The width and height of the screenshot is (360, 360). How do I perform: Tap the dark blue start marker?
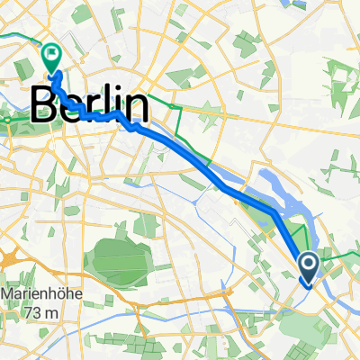[308, 266]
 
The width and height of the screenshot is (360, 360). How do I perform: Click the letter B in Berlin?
[46, 104]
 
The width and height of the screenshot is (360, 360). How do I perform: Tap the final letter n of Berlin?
[135, 104]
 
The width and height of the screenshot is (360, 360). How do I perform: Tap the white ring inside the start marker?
[308, 264]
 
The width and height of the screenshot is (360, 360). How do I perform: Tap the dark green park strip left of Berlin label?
[14, 116]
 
